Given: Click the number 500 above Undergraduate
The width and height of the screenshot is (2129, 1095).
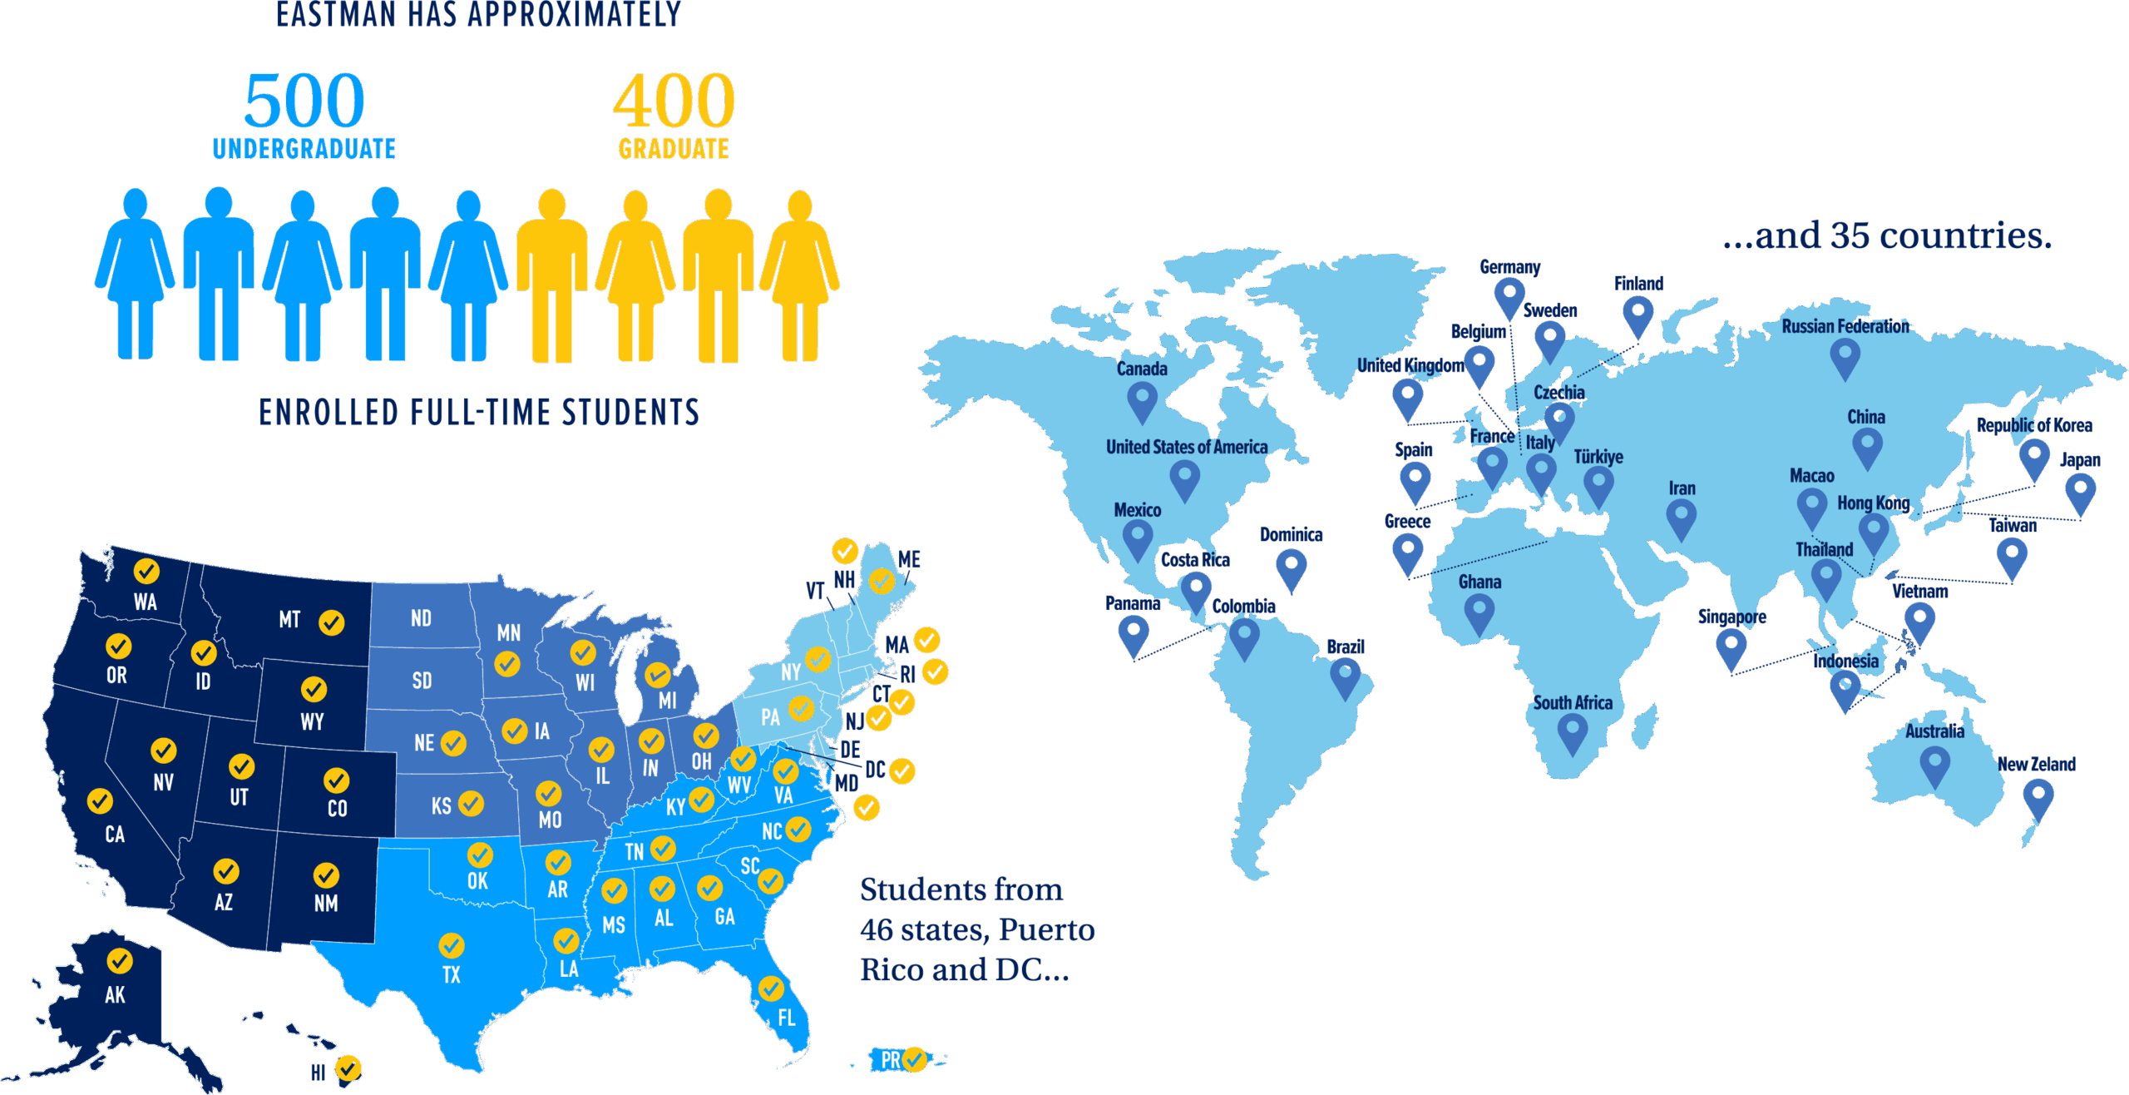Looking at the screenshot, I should pyautogui.click(x=304, y=101).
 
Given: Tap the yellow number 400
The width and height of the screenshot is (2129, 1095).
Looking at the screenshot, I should pyautogui.click(x=674, y=101).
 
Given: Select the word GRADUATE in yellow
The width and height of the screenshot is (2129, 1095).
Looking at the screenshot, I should pyautogui.click(x=674, y=149).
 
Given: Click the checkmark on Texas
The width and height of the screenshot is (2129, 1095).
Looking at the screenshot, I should pyautogui.click(x=452, y=945).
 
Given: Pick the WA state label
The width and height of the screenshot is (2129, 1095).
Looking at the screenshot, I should pyautogui.click(x=146, y=602).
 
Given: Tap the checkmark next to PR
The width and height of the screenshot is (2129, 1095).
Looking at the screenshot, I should pyautogui.click(x=914, y=1059).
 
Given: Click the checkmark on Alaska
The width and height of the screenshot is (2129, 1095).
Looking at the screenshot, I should pyautogui.click(x=119, y=961).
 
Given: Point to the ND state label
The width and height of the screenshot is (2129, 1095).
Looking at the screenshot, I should pyautogui.click(x=421, y=618).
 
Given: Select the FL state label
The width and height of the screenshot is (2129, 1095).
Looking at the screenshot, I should pyautogui.click(x=787, y=1018).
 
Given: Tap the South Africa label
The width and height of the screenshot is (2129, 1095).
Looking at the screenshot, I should pyautogui.click(x=1573, y=703).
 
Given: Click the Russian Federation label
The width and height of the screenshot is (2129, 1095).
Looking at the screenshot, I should pyautogui.click(x=1845, y=326).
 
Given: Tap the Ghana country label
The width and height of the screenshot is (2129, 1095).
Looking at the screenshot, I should pyautogui.click(x=1479, y=582).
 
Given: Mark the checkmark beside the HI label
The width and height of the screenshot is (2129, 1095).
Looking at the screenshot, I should pyautogui.click(x=348, y=1068).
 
